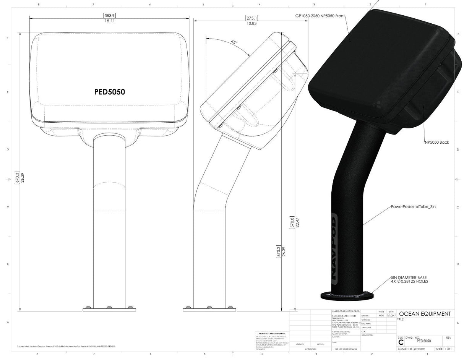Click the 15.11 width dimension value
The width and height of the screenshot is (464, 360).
109,21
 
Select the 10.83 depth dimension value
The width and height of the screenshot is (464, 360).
251,23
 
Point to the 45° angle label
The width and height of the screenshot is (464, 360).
234,42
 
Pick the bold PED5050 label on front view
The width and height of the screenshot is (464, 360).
109,92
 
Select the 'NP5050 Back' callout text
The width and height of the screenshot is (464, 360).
436,142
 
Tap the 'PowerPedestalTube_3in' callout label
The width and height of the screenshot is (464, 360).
413,206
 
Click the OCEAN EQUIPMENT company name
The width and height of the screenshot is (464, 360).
425,314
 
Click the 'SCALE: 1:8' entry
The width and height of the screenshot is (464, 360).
406,349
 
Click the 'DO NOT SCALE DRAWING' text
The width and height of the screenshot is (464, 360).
346,349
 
